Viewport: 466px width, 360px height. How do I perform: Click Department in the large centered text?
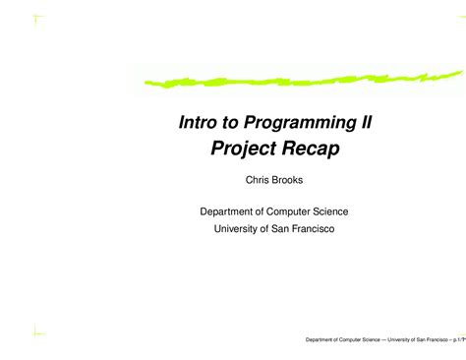232,211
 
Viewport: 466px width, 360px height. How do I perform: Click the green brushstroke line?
295,77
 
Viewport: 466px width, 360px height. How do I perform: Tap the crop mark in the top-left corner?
36,19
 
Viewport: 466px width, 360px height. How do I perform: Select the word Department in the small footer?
321,341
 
